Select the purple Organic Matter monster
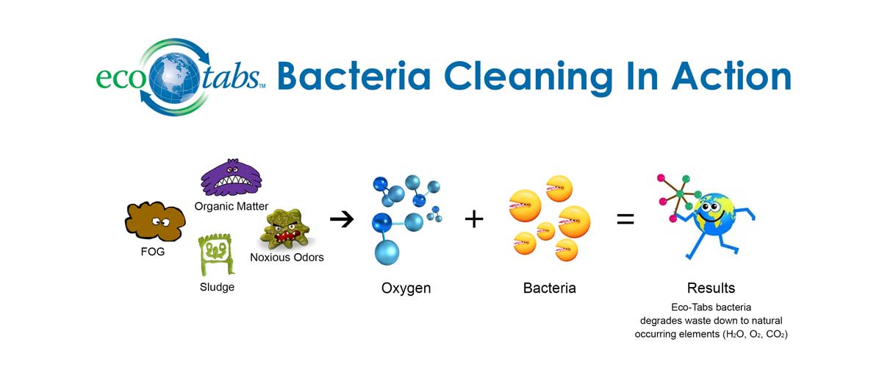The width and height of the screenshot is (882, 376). (x=231, y=177)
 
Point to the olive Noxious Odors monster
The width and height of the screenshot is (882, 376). (x=286, y=230)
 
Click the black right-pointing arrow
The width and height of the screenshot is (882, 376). (x=342, y=219)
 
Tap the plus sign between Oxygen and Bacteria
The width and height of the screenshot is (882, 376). (x=474, y=219)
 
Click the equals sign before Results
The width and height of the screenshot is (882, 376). (x=625, y=219)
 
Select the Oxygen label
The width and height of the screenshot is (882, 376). (x=406, y=288)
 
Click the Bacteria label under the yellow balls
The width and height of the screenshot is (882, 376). (x=549, y=288)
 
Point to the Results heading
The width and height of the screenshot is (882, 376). (x=711, y=288)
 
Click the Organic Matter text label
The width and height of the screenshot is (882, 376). (x=232, y=206)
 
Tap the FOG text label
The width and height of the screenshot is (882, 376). (x=153, y=252)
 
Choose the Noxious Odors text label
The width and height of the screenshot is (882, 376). (x=287, y=258)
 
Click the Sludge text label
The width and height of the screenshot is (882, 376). (x=217, y=287)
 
